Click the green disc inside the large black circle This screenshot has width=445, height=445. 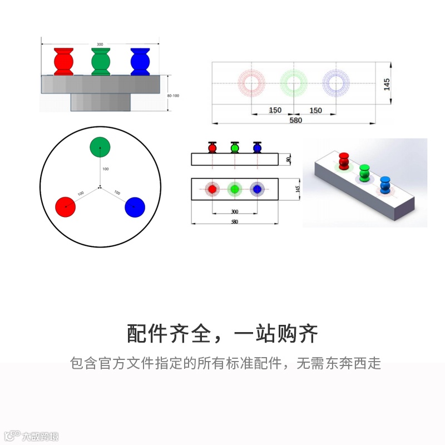(100, 147)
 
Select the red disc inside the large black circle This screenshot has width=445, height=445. (66, 207)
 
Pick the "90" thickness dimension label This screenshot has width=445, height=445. (289, 160)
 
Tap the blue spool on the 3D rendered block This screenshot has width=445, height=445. (385, 184)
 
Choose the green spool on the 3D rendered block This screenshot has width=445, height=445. (364, 173)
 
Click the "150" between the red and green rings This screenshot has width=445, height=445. (275, 110)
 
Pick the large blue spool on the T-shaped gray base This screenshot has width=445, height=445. (140, 62)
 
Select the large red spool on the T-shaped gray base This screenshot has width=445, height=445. (63, 62)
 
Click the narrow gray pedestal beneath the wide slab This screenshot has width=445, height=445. (100, 102)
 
